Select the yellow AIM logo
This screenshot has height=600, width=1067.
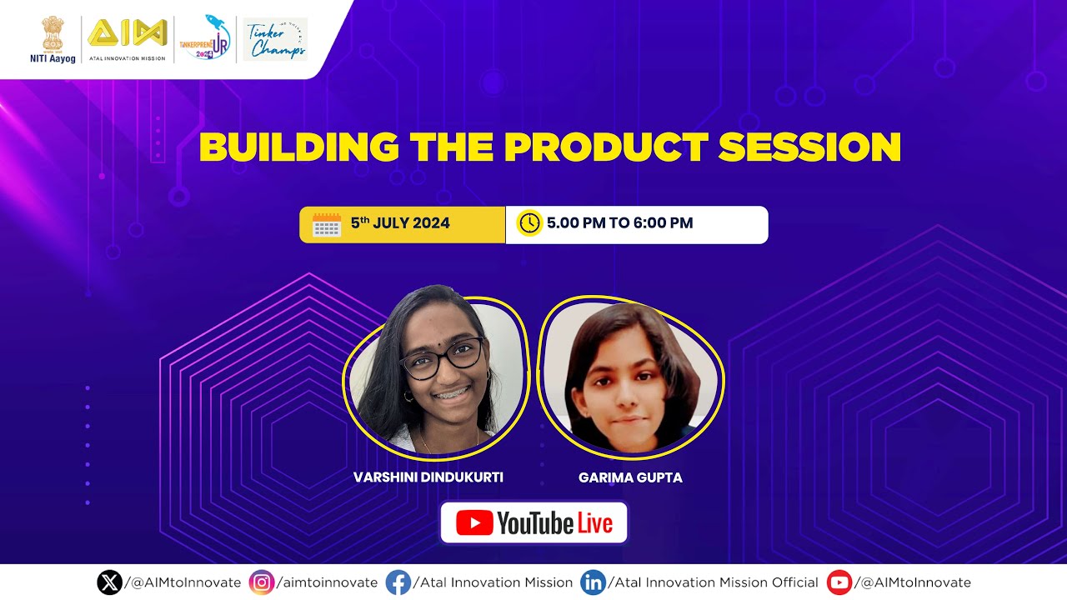tap(128, 34)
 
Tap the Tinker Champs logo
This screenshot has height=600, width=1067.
tap(275, 39)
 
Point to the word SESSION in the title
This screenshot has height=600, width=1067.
tap(809, 147)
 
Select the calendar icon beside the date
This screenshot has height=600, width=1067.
tap(327, 224)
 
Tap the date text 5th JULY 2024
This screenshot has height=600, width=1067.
tap(400, 223)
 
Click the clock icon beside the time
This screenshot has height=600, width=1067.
tap(529, 223)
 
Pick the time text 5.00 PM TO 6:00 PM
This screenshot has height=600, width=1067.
tap(619, 223)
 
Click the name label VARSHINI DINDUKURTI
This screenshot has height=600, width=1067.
tap(428, 477)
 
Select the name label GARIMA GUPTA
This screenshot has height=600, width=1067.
tap(630, 477)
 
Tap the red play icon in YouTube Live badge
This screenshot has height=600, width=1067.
tap(474, 523)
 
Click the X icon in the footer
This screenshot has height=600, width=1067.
tap(109, 582)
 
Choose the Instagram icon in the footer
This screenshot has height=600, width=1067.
tap(262, 582)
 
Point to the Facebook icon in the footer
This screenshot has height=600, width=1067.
tap(398, 582)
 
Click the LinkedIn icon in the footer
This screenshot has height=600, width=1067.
tap(593, 582)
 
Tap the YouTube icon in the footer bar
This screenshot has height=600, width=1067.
tap(839, 582)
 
